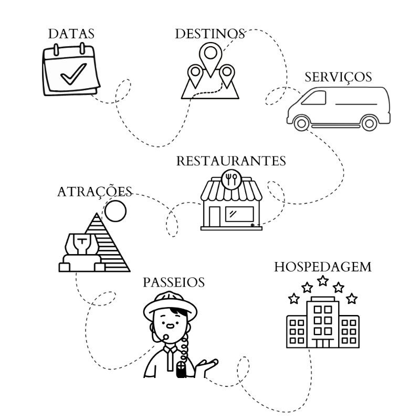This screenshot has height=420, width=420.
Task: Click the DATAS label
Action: pos(71,34)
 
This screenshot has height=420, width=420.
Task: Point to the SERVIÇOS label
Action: pos(338,77)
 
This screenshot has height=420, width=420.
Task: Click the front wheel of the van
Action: pos(301,123)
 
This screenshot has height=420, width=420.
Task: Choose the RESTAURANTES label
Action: pos(231,161)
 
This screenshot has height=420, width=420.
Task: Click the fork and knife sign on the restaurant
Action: pos(231,178)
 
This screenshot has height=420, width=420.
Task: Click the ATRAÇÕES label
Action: pos(94,192)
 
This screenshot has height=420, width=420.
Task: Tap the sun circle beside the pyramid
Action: pos(115,212)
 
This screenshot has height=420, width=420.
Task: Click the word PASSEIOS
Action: pos(173,282)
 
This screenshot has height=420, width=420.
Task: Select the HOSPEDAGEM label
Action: pos(322,267)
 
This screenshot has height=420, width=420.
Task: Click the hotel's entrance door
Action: pos(322,342)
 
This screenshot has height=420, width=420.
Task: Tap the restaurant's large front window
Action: pos(239,214)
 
